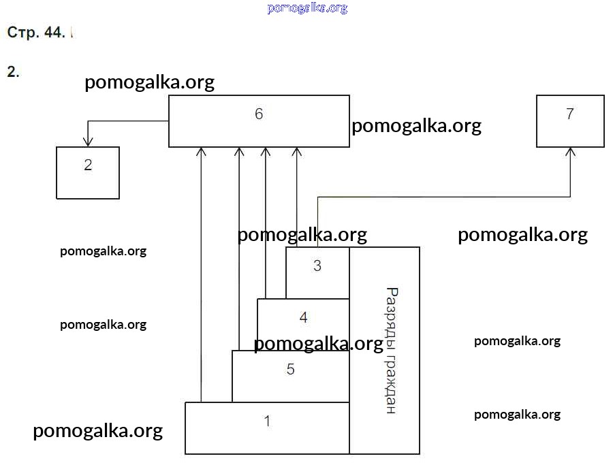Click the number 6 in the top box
click(x=259, y=114)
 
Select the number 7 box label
click(x=570, y=114)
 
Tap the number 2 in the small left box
click(x=88, y=165)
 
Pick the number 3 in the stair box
click(x=317, y=266)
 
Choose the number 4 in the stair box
click(x=304, y=317)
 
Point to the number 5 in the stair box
click(x=291, y=370)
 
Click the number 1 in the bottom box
click(x=267, y=421)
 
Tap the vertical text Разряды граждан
click(x=391, y=351)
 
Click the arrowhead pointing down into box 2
click(x=87, y=142)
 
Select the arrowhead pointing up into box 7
click(x=571, y=152)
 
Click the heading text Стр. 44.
click(x=36, y=33)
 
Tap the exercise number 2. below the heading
click(x=13, y=72)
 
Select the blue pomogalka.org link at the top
click(x=307, y=8)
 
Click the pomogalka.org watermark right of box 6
click(x=416, y=126)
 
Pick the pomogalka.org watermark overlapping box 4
click(x=318, y=344)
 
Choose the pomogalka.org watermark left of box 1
click(x=97, y=430)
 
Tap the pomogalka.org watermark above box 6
click(x=149, y=82)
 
